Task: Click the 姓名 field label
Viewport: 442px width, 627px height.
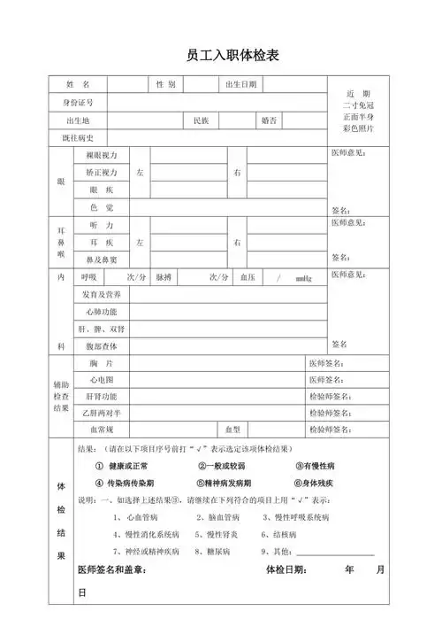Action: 78,85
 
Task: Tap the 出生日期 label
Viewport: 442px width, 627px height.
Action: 240,85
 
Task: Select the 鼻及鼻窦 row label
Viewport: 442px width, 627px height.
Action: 101,259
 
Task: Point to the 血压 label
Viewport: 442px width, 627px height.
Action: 248,277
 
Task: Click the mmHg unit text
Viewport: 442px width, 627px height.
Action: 303,278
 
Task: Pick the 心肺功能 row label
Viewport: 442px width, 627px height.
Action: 101,312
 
